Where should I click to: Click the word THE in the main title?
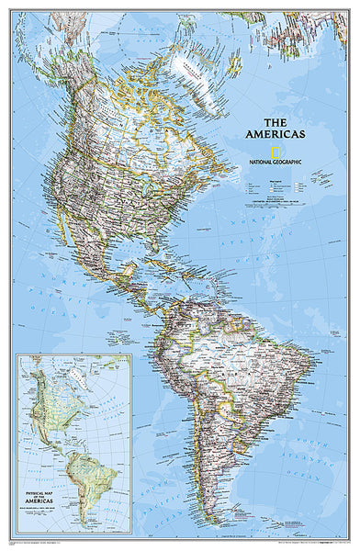pos(276,122)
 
